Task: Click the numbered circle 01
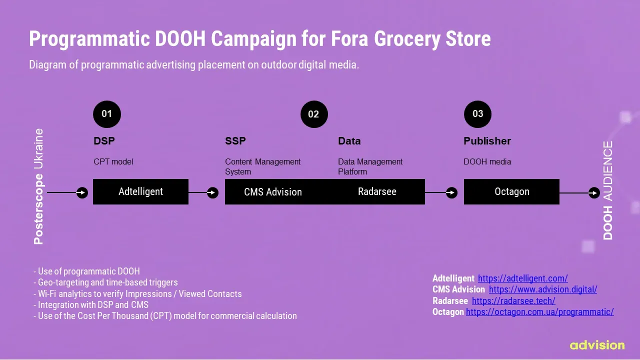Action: pyautogui.click(x=107, y=114)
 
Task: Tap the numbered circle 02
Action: pyautogui.click(x=314, y=114)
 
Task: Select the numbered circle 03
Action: pyautogui.click(x=477, y=114)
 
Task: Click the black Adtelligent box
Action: pyautogui.click(x=140, y=191)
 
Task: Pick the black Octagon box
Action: pyautogui.click(x=511, y=191)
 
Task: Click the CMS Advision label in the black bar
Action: pyautogui.click(x=273, y=192)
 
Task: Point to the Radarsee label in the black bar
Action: pyautogui.click(x=377, y=191)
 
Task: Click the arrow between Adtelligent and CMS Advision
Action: pyautogui.click(x=203, y=192)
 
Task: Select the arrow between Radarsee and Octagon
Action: pyautogui.click(x=441, y=192)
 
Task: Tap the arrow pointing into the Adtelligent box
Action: pyautogui.click(x=67, y=192)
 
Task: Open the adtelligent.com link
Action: pyautogui.click(x=523, y=278)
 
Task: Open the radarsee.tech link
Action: pyautogui.click(x=513, y=301)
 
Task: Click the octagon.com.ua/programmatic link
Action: pyautogui.click(x=539, y=312)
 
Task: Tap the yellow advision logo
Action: pyautogui.click(x=597, y=345)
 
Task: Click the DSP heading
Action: pyautogui.click(x=104, y=141)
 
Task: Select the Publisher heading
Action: pyautogui.click(x=487, y=141)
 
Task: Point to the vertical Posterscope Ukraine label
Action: pyautogui.click(x=38, y=186)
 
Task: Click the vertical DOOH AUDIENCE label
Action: pyautogui.click(x=607, y=190)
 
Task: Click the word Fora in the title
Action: pyautogui.click(x=349, y=39)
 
